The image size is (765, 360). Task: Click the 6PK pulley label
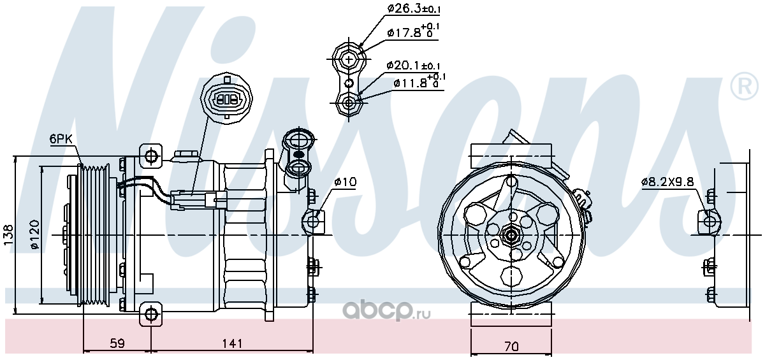[x=61, y=139]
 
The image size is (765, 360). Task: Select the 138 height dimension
[x=8, y=234]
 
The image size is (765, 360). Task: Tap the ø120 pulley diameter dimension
[x=35, y=234]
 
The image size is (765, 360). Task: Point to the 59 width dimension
[x=117, y=343]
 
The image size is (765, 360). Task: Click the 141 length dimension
[x=232, y=343]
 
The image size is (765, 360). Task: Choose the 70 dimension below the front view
[x=511, y=347]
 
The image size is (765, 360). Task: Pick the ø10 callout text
[x=345, y=182]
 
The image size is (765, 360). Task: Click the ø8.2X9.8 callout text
[x=667, y=182]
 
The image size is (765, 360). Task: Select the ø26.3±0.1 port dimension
[x=414, y=8]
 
